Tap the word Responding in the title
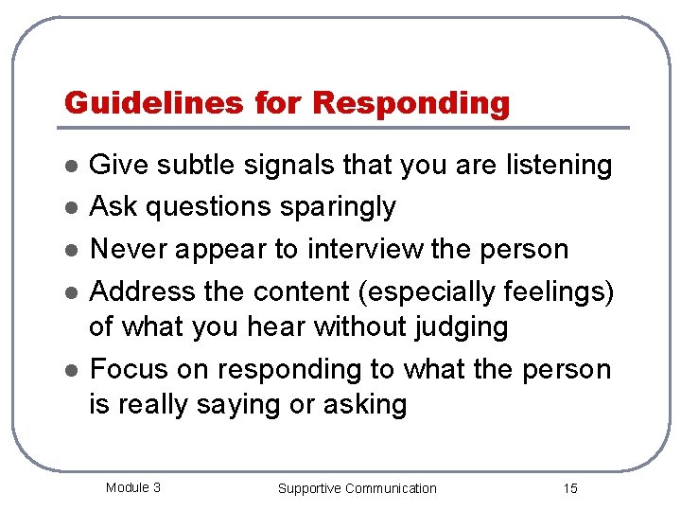(410, 103)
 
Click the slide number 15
(569, 488)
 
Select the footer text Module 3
(132, 487)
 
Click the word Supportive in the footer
(309, 488)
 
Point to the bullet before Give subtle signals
(69, 167)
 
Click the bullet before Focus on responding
(69, 371)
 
